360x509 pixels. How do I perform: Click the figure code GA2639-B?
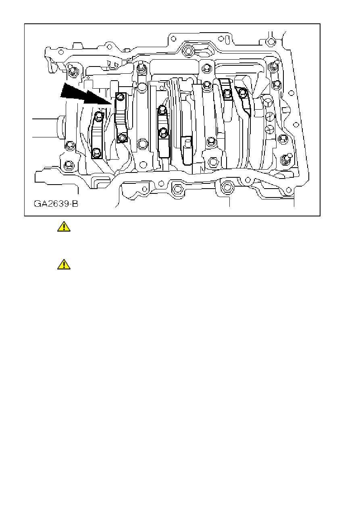pos(56,204)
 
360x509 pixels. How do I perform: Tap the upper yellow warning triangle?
pos(64,227)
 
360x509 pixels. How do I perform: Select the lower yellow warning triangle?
pos(64,264)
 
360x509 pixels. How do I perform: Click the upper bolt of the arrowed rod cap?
pos(120,97)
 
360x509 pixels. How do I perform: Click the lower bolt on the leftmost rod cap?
pos(96,152)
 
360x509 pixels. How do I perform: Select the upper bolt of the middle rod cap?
pos(162,109)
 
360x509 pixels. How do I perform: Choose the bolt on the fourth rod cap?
pos(227,93)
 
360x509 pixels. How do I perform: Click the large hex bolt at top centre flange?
pos(187,51)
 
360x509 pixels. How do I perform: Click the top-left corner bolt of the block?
pos(73,72)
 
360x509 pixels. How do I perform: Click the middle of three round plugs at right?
pos(268,117)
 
